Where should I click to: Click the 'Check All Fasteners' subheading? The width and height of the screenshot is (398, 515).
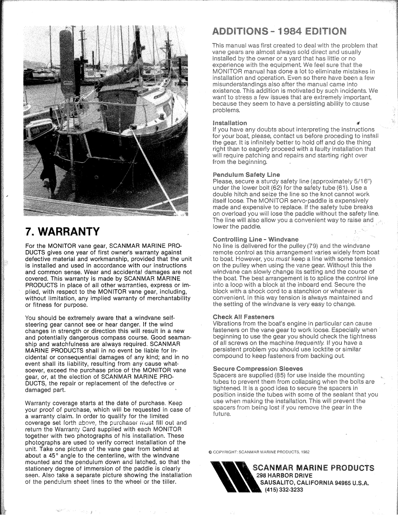[x=243, y=317]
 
